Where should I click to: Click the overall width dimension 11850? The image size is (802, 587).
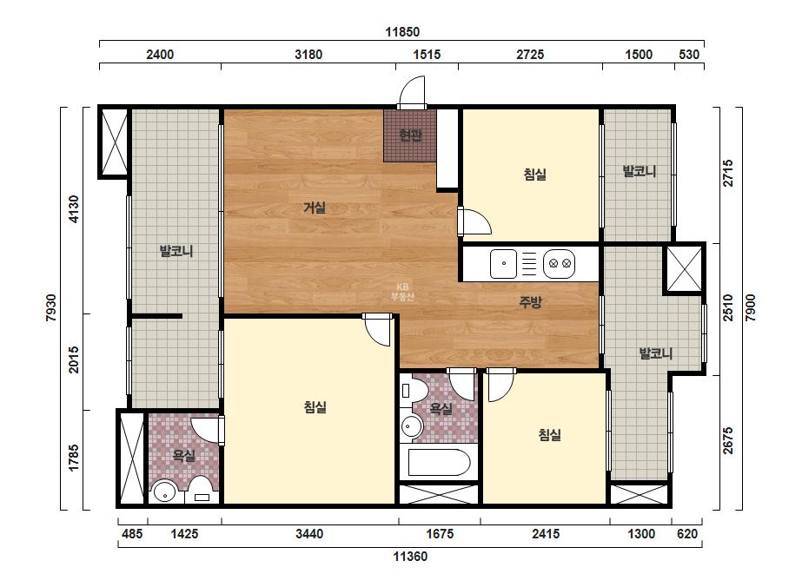pyautogui.click(x=402, y=32)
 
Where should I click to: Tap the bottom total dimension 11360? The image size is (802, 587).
pyautogui.click(x=410, y=557)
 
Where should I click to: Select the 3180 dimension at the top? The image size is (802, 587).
pyautogui.click(x=308, y=54)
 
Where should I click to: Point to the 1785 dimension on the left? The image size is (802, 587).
pyautogui.click(x=74, y=458)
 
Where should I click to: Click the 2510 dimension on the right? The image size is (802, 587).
pyautogui.click(x=728, y=307)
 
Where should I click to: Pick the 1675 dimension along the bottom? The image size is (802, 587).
pyautogui.click(x=440, y=534)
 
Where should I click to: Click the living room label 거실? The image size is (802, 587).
pyautogui.click(x=315, y=208)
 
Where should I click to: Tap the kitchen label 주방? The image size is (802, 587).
pyautogui.click(x=530, y=302)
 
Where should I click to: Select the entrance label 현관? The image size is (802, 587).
pyautogui.click(x=410, y=135)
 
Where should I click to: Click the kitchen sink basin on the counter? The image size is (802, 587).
pyautogui.click(x=504, y=264)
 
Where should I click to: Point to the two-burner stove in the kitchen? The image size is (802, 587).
pyautogui.click(x=559, y=264)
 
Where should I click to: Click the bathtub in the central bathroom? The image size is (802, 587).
pyautogui.click(x=439, y=463)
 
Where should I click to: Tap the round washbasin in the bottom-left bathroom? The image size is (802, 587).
pyautogui.click(x=165, y=493)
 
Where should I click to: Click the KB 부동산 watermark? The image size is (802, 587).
pyautogui.click(x=402, y=292)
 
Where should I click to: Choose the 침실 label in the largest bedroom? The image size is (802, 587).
pyautogui.click(x=315, y=407)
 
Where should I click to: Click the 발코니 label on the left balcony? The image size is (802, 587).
pyautogui.click(x=176, y=251)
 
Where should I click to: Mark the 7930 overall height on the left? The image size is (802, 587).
pyautogui.click(x=51, y=307)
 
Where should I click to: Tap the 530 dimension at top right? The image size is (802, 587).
pyautogui.click(x=689, y=54)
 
